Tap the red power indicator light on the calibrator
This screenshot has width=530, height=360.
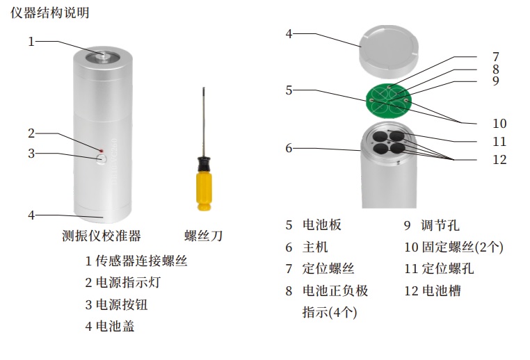(x=101, y=149)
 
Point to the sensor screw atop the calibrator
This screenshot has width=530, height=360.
(x=103, y=56)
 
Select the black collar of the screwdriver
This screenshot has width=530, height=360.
(x=204, y=164)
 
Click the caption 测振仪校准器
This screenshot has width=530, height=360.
(x=101, y=235)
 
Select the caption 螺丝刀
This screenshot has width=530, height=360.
(x=203, y=235)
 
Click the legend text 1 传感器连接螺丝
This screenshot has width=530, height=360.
(x=136, y=261)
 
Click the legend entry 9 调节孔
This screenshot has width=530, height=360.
(x=432, y=225)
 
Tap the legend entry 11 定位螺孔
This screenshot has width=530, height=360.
(x=439, y=268)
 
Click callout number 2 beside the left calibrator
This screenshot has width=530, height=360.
(x=31, y=133)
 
